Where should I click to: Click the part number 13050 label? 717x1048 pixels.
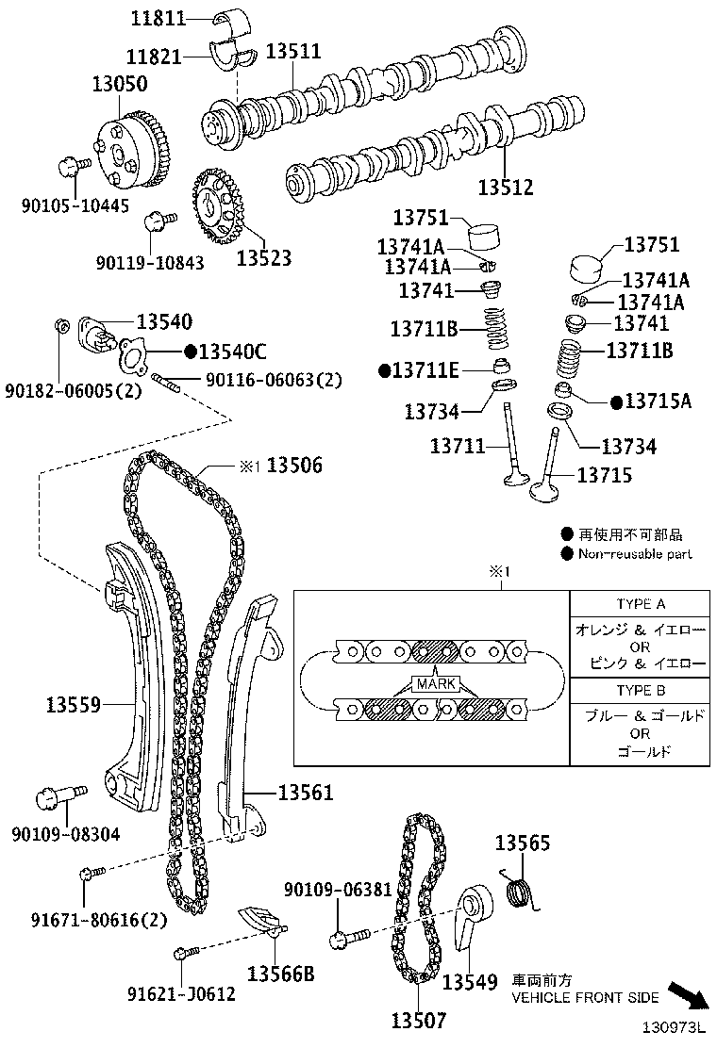pos(119,84)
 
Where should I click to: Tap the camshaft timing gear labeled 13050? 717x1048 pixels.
pos(134,151)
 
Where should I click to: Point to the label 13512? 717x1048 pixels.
pos(505,188)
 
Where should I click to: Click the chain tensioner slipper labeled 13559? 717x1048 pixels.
pos(132,679)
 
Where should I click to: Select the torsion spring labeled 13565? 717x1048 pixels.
pos(520,890)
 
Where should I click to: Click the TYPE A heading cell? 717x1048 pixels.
pos(641,604)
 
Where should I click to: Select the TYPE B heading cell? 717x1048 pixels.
pos(641,690)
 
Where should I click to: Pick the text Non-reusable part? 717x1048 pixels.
pos(634,554)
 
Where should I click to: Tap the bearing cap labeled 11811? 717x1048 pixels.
pos(232,19)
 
